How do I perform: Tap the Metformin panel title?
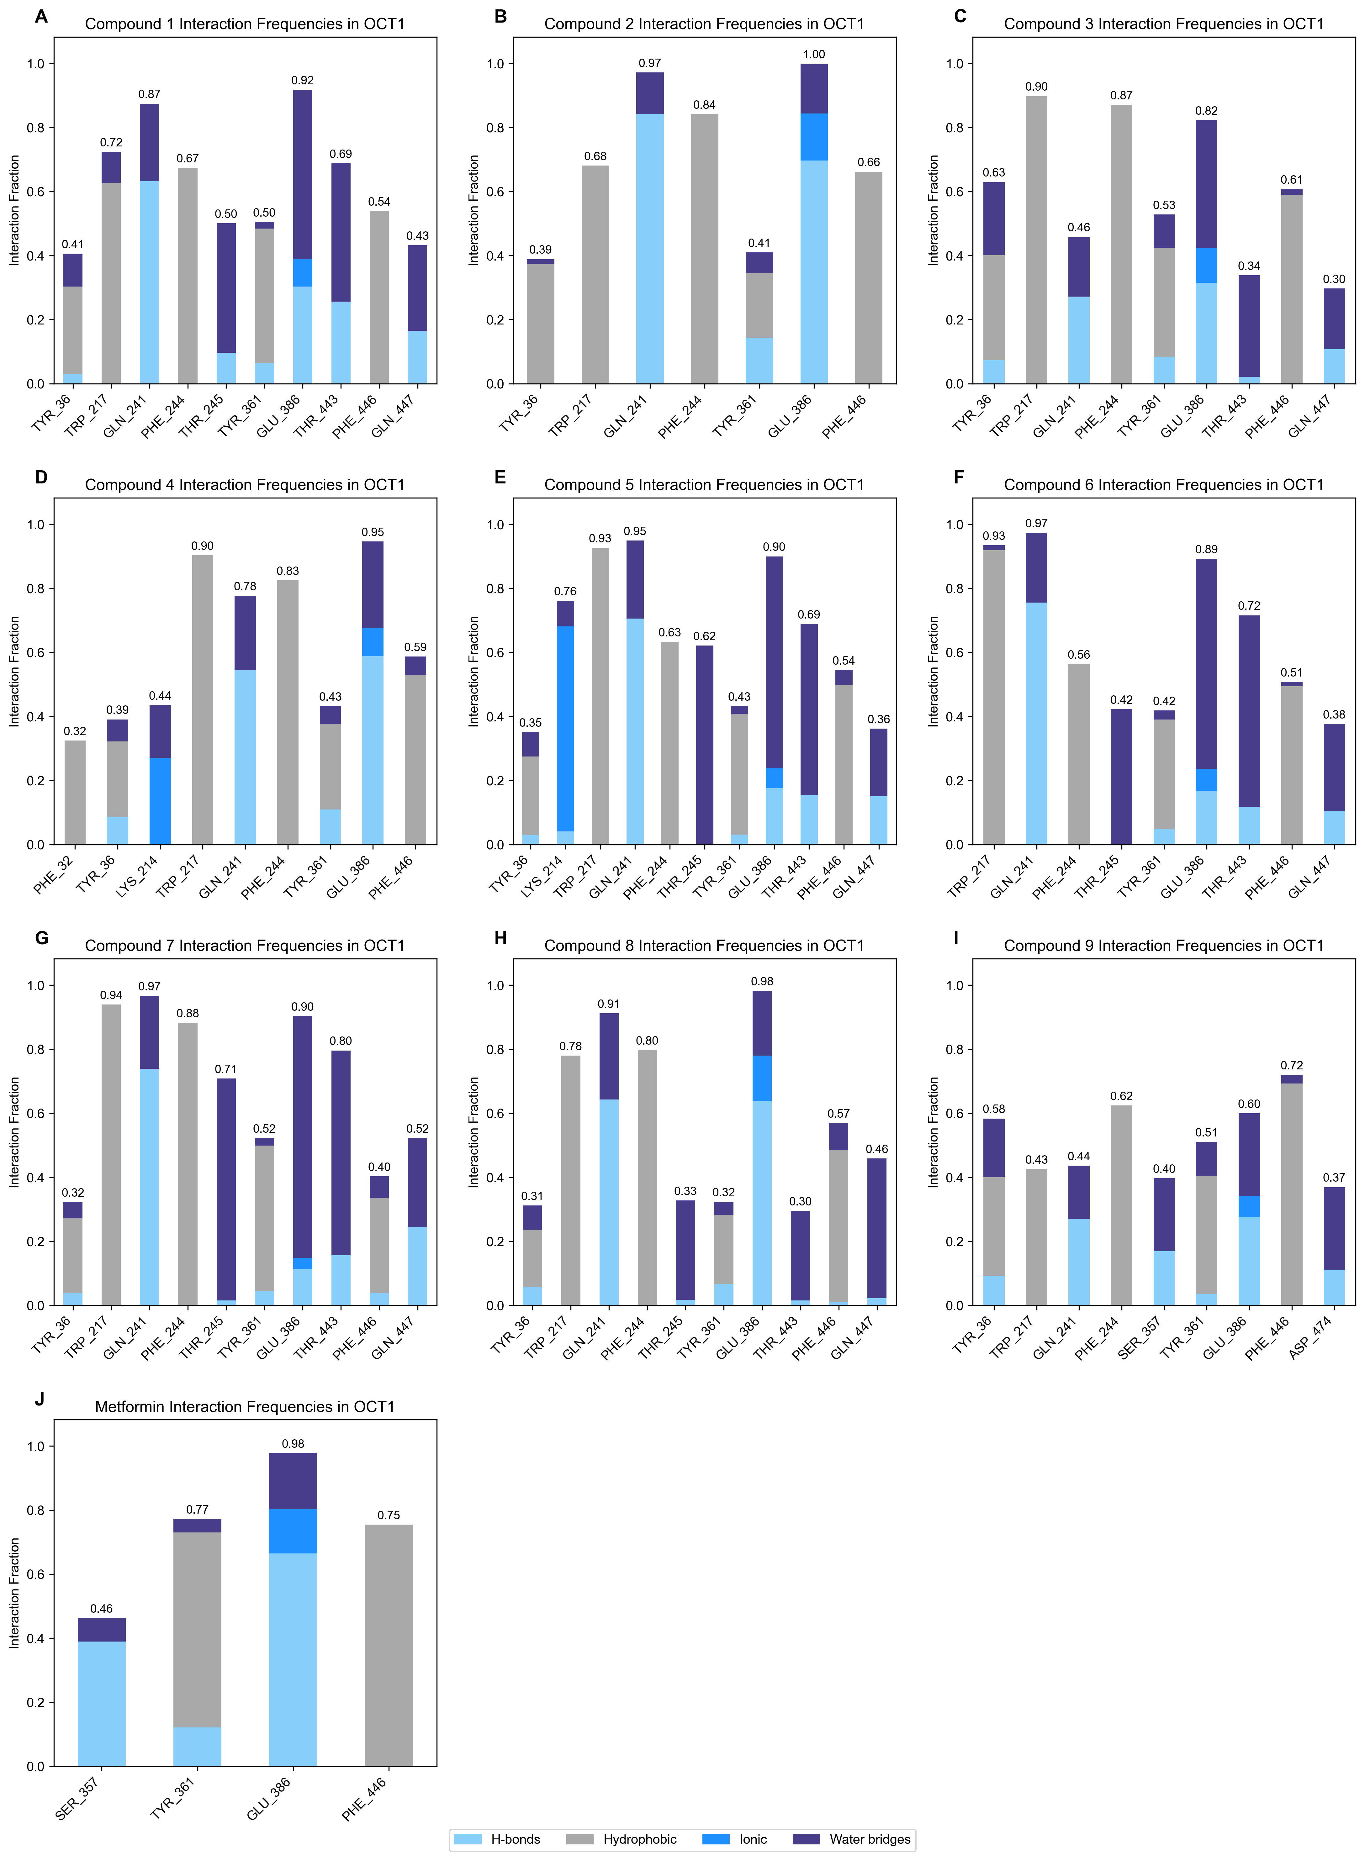point(245,1406)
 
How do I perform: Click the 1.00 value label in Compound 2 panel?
point(814,55)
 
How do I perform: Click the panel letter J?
point(40,1399)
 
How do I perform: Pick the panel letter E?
point(500,477)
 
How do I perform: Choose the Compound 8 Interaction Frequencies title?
point(704,945)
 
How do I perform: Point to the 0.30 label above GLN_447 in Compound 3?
point(1334,279)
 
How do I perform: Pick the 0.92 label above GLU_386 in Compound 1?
point(302,80)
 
